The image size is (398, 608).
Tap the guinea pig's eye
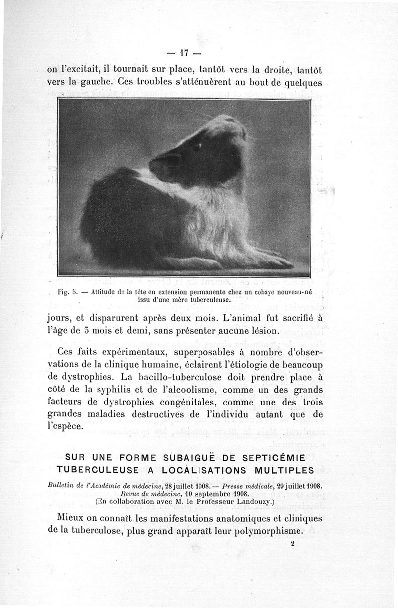point(197,147)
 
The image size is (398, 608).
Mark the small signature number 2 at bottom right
point(293,544)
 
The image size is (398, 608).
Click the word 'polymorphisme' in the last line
point(265,530)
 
